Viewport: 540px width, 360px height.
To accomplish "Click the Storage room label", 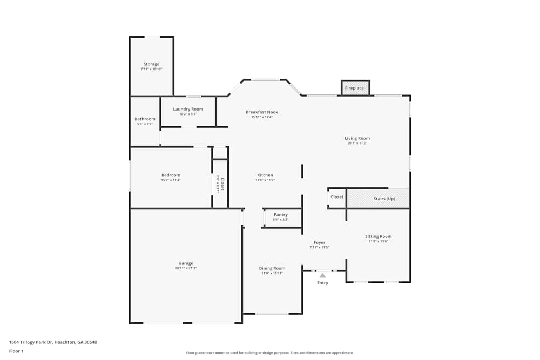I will click(151, 64).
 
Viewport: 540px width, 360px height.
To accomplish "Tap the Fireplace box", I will click(355, 88).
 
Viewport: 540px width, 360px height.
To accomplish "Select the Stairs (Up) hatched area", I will click(377, 198).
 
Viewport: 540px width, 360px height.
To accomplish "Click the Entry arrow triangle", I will click(322, 275).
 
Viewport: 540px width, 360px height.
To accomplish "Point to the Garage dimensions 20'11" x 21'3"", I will click(186, 268).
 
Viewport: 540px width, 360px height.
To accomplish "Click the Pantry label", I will click(281, 215).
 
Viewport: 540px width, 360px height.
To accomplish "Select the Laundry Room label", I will click(188, 109).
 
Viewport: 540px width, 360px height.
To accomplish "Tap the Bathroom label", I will click(145, 119).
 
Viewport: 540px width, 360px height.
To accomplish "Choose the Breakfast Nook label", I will click(262, 112).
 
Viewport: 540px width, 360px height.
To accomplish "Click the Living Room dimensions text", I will click(357, 143).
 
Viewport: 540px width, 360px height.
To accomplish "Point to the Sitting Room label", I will click(378, 236).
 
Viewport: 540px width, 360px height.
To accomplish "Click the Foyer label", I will click(320, 242).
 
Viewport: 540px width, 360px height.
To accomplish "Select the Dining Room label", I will click(272, 268).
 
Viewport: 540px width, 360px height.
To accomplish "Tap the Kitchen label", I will click(265, 175).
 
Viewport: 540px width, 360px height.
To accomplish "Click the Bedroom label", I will click(171, 175).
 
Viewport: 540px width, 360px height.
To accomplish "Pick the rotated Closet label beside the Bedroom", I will click(221, 184).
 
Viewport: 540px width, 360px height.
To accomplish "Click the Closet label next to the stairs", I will click(337, 197).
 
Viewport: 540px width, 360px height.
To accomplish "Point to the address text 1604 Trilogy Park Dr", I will click(53, 342).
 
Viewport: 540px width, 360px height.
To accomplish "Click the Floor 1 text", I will click(16, 351).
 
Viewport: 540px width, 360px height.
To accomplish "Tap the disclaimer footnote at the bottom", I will click(270, 353).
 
